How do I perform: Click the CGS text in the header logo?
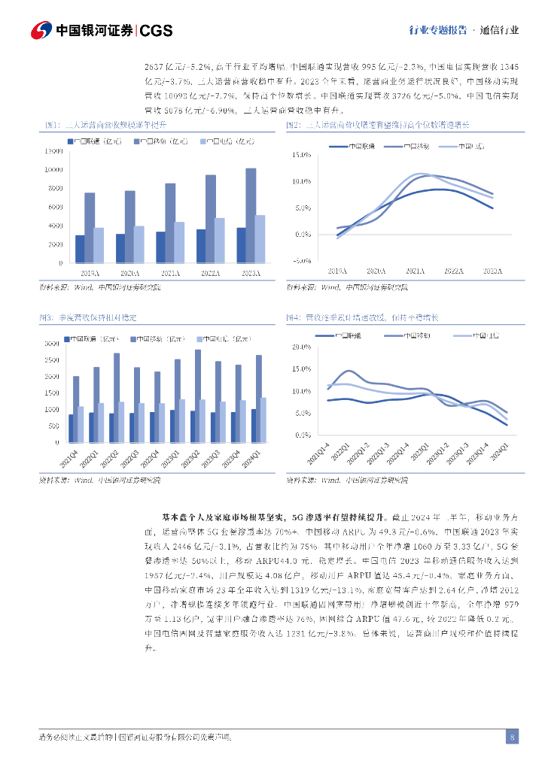pos(157,30)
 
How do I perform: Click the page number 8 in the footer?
pos(512,737)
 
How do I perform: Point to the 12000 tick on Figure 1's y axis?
pos(52,151)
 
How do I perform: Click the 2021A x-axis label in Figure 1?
pos(170,271)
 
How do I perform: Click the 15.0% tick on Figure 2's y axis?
pos(301,155)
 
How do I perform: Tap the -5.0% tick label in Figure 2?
pos(301,261)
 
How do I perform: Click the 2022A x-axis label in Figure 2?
pos(454,271)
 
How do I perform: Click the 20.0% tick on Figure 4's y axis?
pos(301,347)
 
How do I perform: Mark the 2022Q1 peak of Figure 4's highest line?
pos(348,371)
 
